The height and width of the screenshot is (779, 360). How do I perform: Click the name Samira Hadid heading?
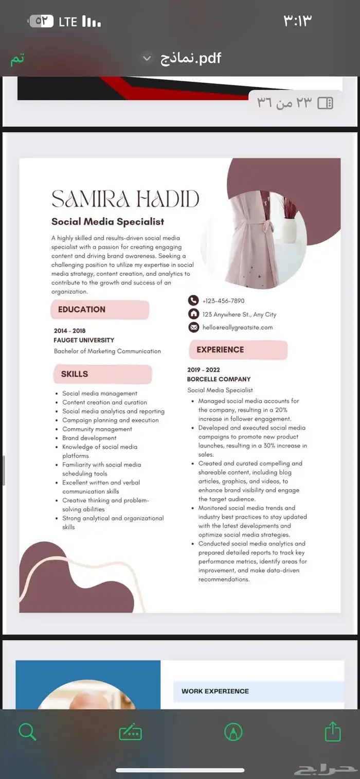tap(125, 199)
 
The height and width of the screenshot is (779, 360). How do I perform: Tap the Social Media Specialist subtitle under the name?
tap(107, 222)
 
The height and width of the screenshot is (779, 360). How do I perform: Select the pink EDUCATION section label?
tap(82, 310)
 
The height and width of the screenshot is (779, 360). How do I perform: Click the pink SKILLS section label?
tap(75, 374)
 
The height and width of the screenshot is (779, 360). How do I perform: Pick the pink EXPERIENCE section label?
tap(220, 350)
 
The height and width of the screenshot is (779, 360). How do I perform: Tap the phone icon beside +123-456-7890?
tap(193, 300)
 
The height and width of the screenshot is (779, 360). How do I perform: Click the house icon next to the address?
tap(193, 314)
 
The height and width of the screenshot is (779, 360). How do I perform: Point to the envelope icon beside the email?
tap(193, 327)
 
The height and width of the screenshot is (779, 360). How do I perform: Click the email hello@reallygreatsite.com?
tap(238, 327)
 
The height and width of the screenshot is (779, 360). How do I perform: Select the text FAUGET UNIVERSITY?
tap(84, 340)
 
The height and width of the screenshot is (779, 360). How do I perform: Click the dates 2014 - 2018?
tap(69, 331)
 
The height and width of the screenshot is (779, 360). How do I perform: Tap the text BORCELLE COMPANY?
tap(219, 379)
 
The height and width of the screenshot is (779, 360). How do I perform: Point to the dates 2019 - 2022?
tap(203, 370)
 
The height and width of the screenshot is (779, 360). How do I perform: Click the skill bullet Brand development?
tap(89, 438)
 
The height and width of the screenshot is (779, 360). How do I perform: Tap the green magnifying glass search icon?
tap(27, 732)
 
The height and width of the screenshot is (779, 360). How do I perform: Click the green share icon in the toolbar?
tap(333, 732)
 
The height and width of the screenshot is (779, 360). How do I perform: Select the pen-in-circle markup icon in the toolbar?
tap(233, 732)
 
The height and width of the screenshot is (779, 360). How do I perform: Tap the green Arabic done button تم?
tap(17, 59)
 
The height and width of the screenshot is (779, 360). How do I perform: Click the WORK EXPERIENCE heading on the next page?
tap(215, 691)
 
